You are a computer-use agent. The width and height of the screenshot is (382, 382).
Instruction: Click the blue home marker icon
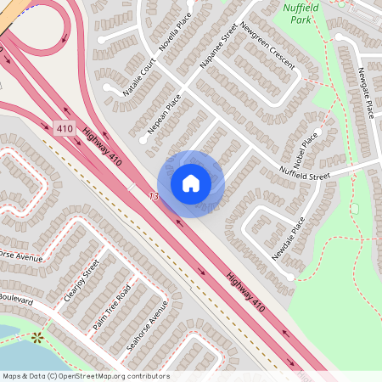(191, 183)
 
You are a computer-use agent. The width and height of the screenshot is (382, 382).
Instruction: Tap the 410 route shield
(65, 128)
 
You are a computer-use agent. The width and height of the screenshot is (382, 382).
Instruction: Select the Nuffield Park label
(297, 14)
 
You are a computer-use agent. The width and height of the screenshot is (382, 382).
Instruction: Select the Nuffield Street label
(306, 176)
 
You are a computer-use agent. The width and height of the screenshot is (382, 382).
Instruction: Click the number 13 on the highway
(154, 196)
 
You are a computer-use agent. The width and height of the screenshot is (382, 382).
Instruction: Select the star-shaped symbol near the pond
(37, 337)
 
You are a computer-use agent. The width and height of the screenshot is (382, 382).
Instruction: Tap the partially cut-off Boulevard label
(15, 299)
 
